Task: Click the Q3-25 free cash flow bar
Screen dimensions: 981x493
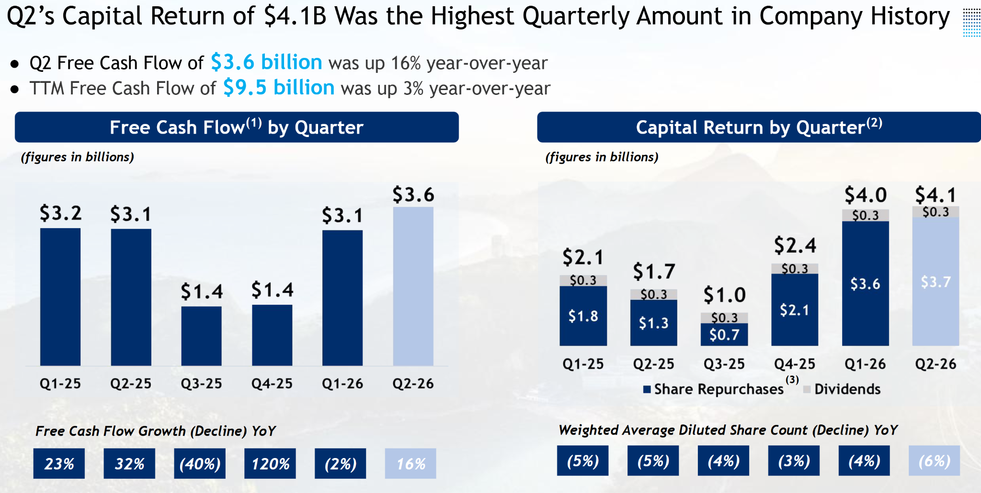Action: [x=201, y=336]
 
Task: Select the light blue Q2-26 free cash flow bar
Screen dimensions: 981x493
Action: [x=413, y=287]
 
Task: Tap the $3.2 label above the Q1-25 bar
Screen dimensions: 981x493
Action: [x=60, y=213]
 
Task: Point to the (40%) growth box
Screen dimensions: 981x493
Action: [x=200, y=463]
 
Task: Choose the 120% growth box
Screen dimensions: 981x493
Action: [x=270, y=463]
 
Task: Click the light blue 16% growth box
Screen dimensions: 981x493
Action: [x=411, y=463]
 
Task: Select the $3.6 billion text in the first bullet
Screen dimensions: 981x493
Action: [x=266, y=62]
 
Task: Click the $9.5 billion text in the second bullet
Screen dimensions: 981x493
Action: [x=279, y=88]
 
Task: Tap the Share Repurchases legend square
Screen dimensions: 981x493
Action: [x=647, y=389]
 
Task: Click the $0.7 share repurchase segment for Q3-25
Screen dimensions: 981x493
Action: [x=724, y=334]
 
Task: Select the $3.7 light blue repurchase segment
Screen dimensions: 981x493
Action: [x=935, y=282]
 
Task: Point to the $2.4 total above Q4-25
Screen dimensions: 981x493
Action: [x=795, y=245]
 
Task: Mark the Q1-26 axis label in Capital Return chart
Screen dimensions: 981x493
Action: [x=865, y=364]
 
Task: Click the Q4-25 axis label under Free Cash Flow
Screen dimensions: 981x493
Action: [x=272, y=384]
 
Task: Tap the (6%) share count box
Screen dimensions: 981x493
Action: [x=934, y=460]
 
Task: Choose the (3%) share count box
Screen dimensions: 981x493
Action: [x=794, y=460]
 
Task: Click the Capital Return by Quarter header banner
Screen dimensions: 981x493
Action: [x=759, y=127]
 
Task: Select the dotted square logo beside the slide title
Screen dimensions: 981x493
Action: [x=971, y=22]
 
